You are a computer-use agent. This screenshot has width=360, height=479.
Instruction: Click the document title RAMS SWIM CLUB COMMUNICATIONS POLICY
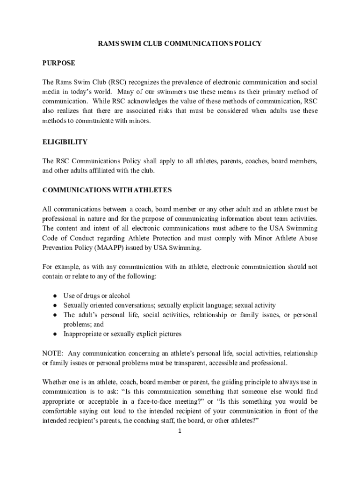[180, 44]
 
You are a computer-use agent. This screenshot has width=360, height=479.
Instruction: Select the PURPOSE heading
[59, 63]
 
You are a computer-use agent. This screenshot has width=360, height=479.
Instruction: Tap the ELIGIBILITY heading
[65, 142]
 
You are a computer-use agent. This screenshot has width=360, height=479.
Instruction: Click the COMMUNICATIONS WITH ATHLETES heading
[107, 190]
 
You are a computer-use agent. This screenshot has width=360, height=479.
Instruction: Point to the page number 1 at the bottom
[179, 431]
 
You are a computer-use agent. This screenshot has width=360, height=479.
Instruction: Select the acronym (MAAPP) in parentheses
[110, 247]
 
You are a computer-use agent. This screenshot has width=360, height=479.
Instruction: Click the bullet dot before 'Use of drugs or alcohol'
[55, 296]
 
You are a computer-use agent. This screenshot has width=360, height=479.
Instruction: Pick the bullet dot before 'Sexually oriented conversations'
[55, 305]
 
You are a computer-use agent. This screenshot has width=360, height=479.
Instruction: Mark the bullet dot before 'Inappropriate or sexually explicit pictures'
[55, 334]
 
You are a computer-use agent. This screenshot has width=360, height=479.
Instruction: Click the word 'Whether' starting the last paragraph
[54, 382]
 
